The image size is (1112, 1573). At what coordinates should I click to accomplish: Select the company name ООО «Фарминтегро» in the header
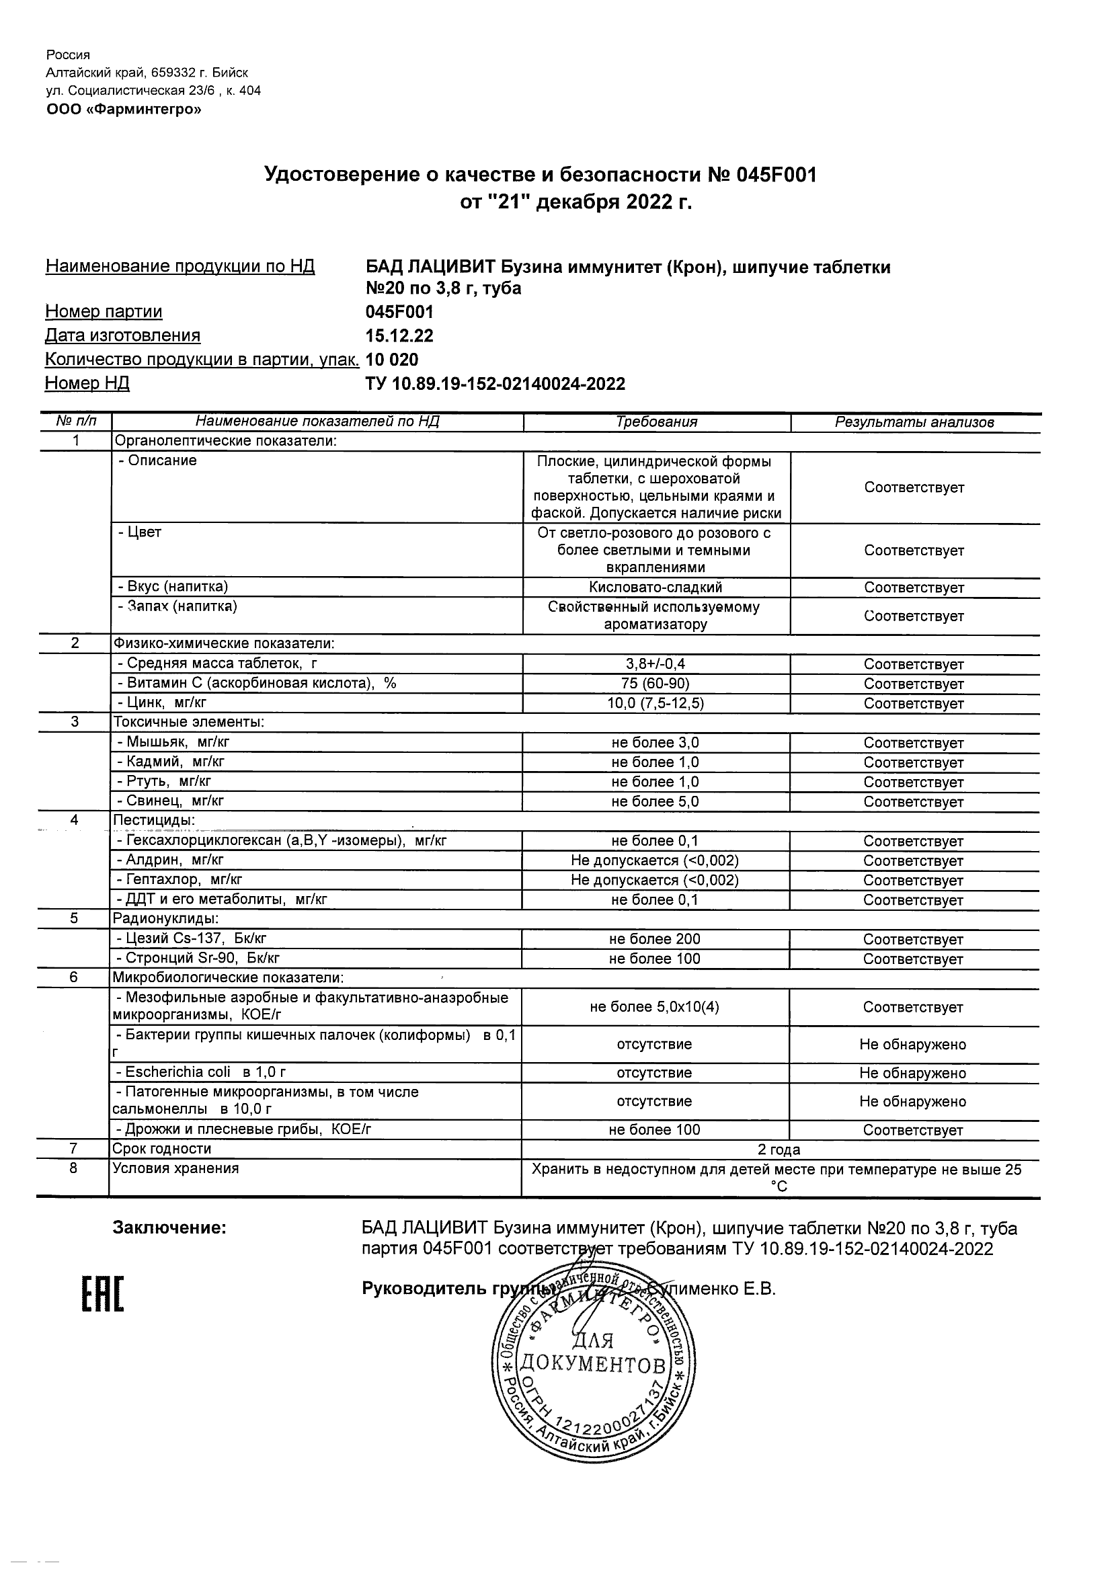pos(123,109)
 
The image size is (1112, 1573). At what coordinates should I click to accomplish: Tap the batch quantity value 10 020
pos(392,360)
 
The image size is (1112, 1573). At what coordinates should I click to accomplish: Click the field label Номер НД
pos(87,383)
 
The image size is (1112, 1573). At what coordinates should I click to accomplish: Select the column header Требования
pos(656,422)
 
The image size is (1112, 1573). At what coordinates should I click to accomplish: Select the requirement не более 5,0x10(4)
pos(654,1007)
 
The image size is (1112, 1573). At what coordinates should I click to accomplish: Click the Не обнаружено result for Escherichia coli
pos(912,1073)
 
